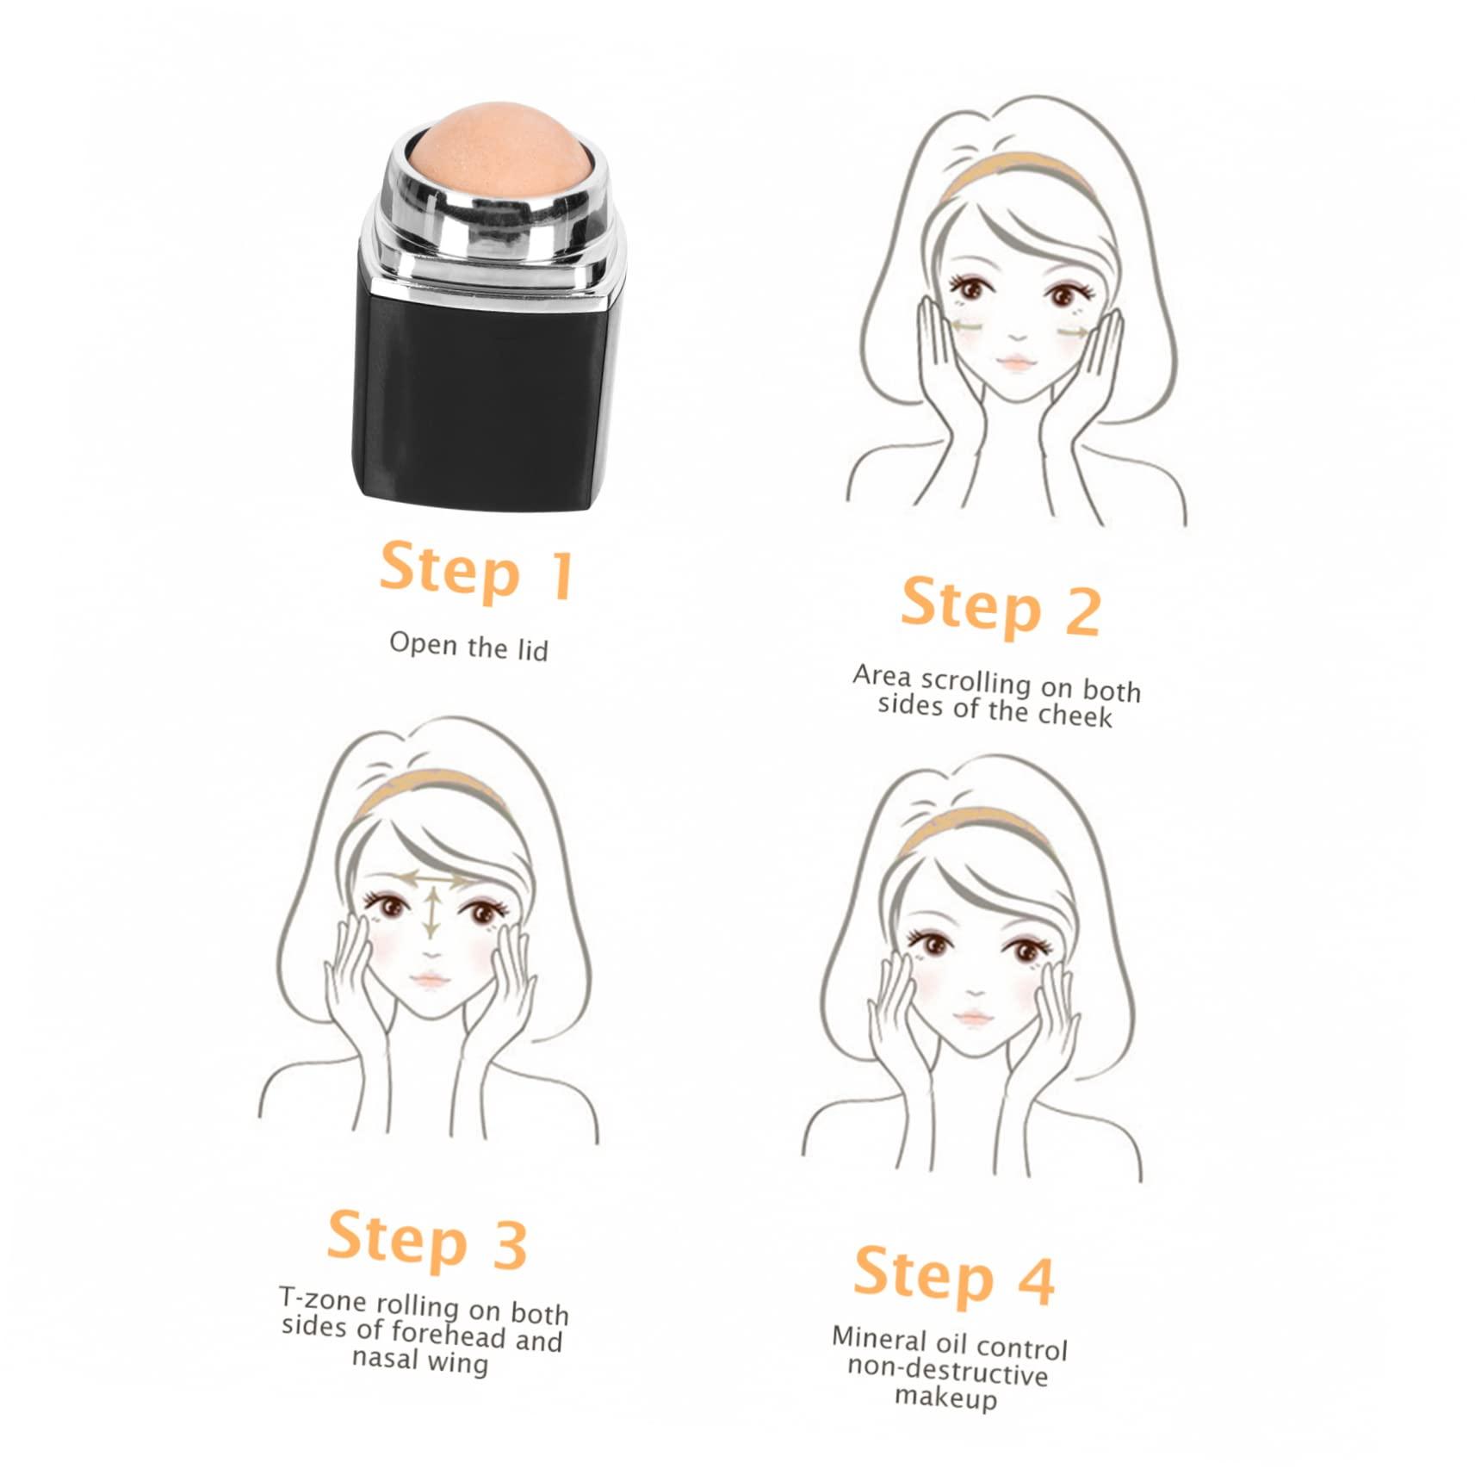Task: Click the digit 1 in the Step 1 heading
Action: pyautogui.click(x=561, y=576)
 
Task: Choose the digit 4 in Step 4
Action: pyautogui.click(x=1036, y=1280)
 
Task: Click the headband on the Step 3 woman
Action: pyautogui.click(x=431, y=784)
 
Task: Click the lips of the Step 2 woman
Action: pyautogui.click(x=1017, y=362)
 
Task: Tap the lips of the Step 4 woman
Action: pyautogui.click(x=972, y=1018)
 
